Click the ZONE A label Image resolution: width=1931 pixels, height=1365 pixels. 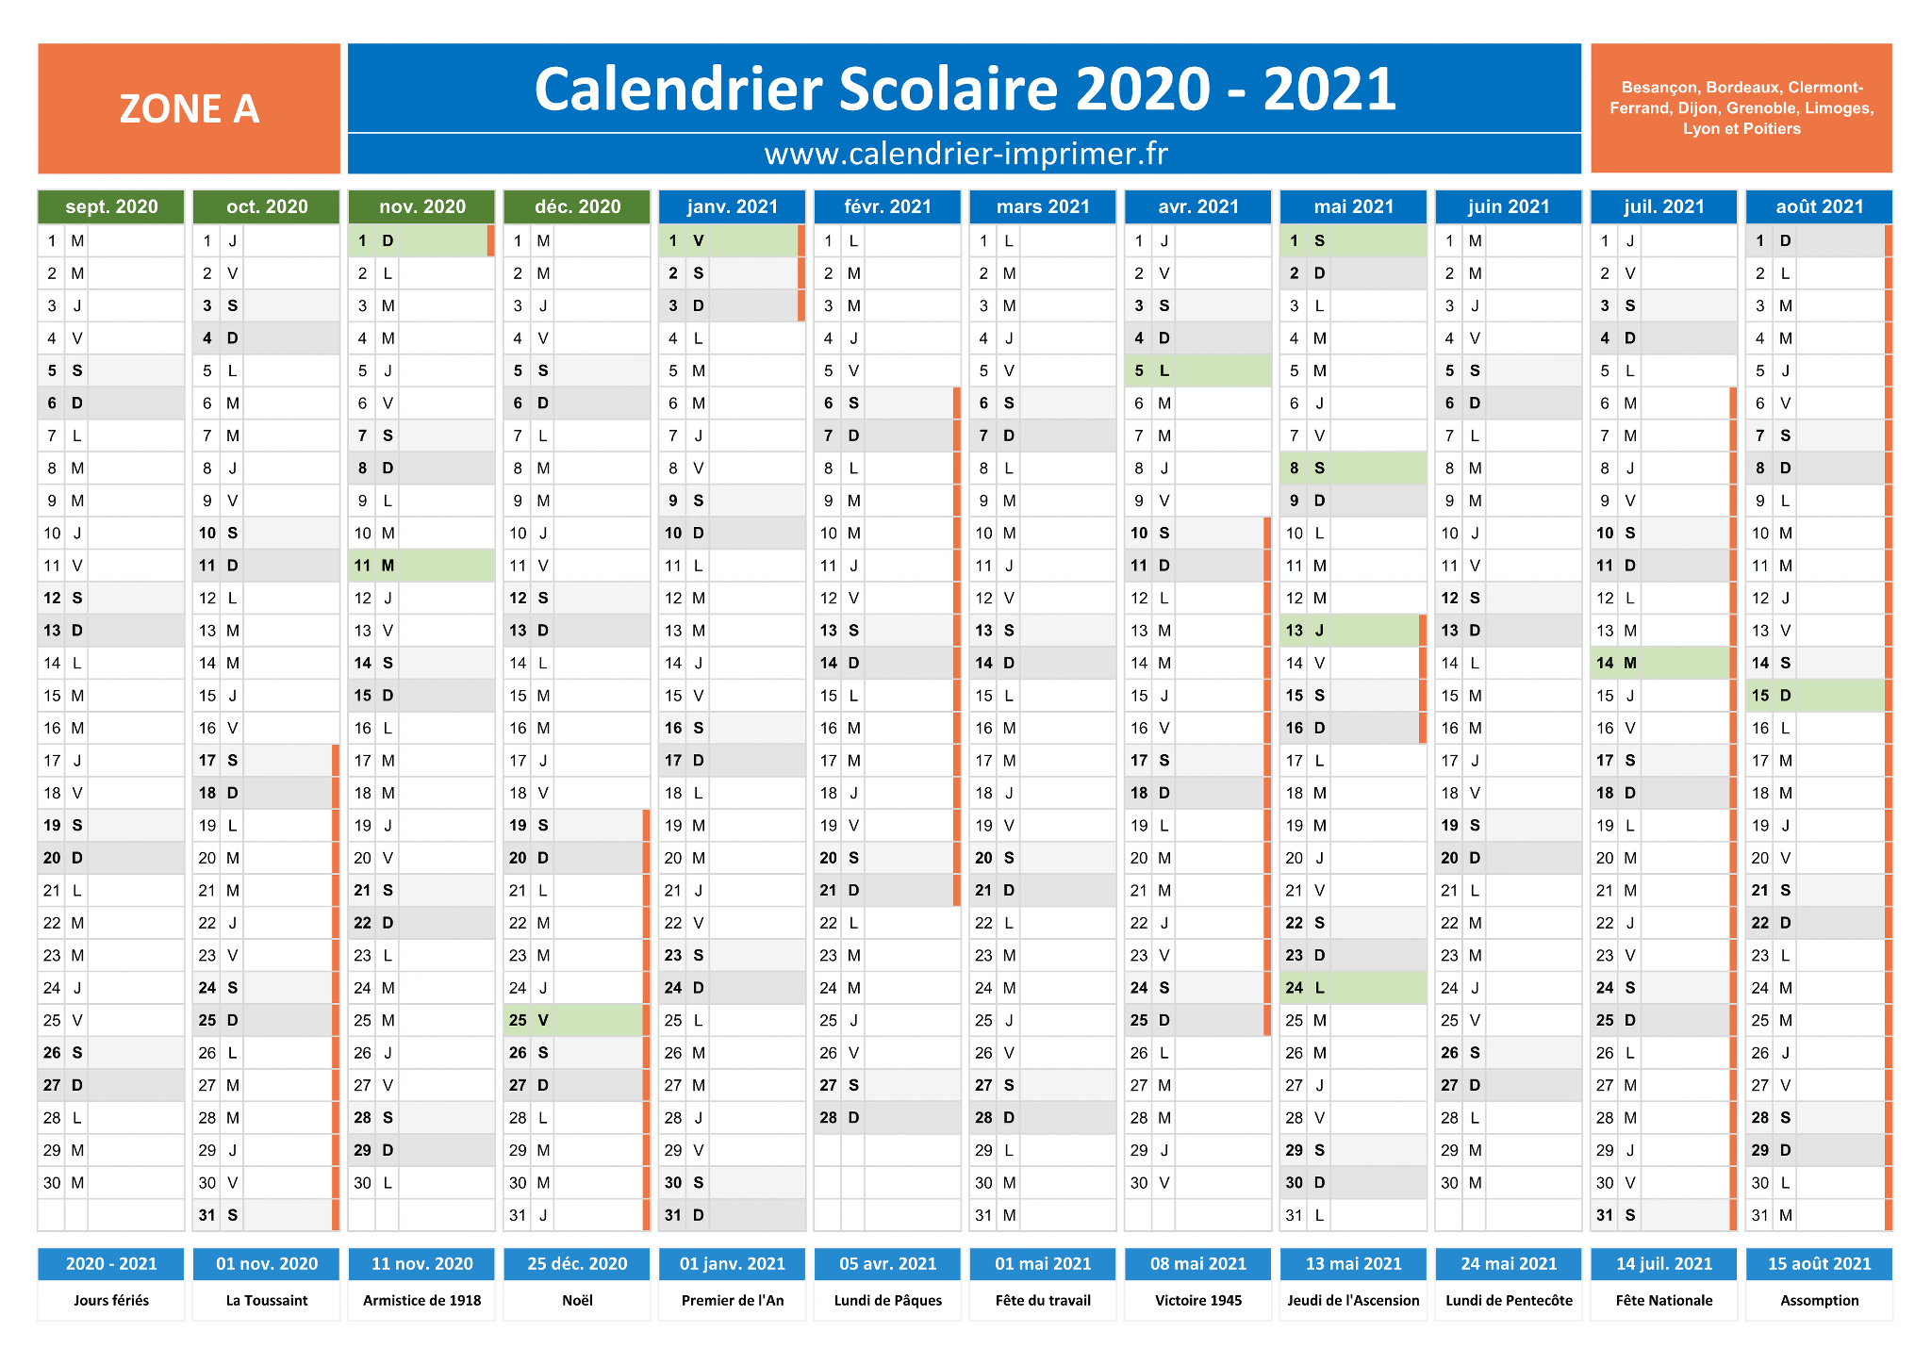(x=189, y=108)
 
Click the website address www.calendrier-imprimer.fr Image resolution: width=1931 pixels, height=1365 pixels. (x=965, y=154)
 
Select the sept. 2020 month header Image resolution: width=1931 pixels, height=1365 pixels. (x=111, y=206)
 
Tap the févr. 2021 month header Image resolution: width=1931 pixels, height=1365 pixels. (x=887, y=206)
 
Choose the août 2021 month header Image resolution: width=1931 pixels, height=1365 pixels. (x=1819, y=206)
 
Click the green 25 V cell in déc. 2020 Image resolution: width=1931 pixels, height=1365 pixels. (x=573, y=1020)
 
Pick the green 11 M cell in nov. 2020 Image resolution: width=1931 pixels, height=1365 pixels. (x=421, y=566)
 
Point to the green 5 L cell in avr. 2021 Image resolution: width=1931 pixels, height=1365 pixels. (x=1197, y=370)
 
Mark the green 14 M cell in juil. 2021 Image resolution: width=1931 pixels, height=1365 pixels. (x=1660, y=663)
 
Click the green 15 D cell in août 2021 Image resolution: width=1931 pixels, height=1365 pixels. (x=1816, y=696)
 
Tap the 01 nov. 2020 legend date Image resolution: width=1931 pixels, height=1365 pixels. (x=267, y=1264)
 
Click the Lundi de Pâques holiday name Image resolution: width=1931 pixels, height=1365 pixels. (x=888, y=1301)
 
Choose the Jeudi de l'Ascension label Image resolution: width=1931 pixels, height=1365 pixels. (x=1353, y=1301)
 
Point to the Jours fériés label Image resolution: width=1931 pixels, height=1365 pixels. (x=111, y=1301)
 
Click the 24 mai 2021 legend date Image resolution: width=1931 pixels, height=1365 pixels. (x=1509, y=1264)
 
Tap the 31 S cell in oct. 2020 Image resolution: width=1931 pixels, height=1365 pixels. (x=263, y=1215)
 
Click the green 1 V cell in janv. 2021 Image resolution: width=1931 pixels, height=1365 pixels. (x=729, y=240)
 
